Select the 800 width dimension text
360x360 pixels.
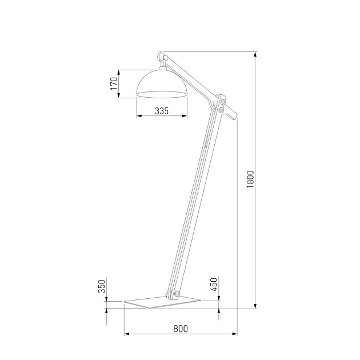pyautogui.click(x=180, y=329)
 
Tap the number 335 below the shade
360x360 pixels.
pyautogui.click(x=162, y=111)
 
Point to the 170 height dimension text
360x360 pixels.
pyautogui.click(x=114, y=84)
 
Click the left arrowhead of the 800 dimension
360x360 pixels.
pyautogui.click(x=126, y=333)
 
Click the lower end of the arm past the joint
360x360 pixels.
pyautogui.click(x=231, y=115)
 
